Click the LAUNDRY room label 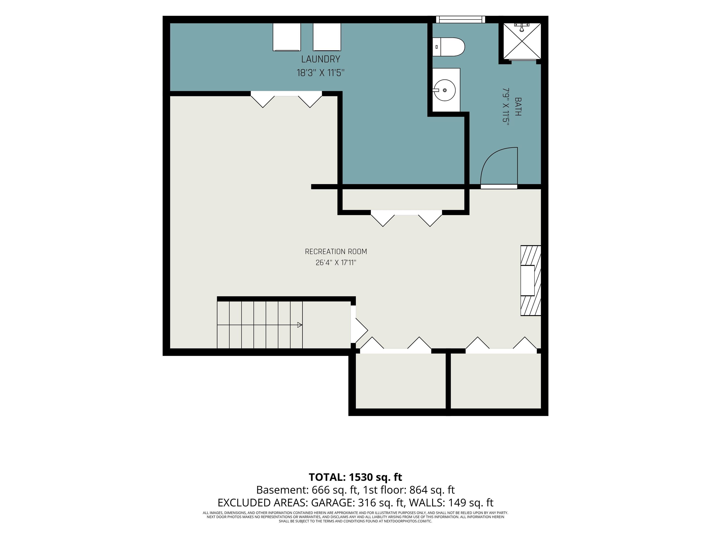click(x=321, y=59)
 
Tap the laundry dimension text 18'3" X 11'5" click(x=321, y=73)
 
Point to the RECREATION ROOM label click(x=336, y=251)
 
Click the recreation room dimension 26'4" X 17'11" click(x=336, y=263)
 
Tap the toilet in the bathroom click(x=448, y=47)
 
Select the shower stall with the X click(x=522, y=41)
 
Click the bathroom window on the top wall click(x=460, y=19)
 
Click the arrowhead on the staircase click(x=299, y=325)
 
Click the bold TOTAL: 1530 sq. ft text click(x=355, y=477)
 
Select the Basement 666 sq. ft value click(x=334, y=490)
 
